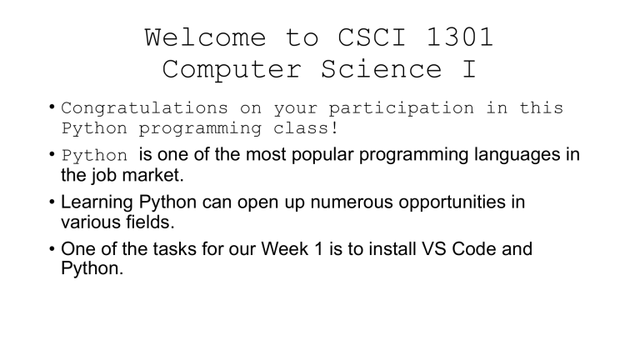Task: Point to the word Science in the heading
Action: click(391, 70)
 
